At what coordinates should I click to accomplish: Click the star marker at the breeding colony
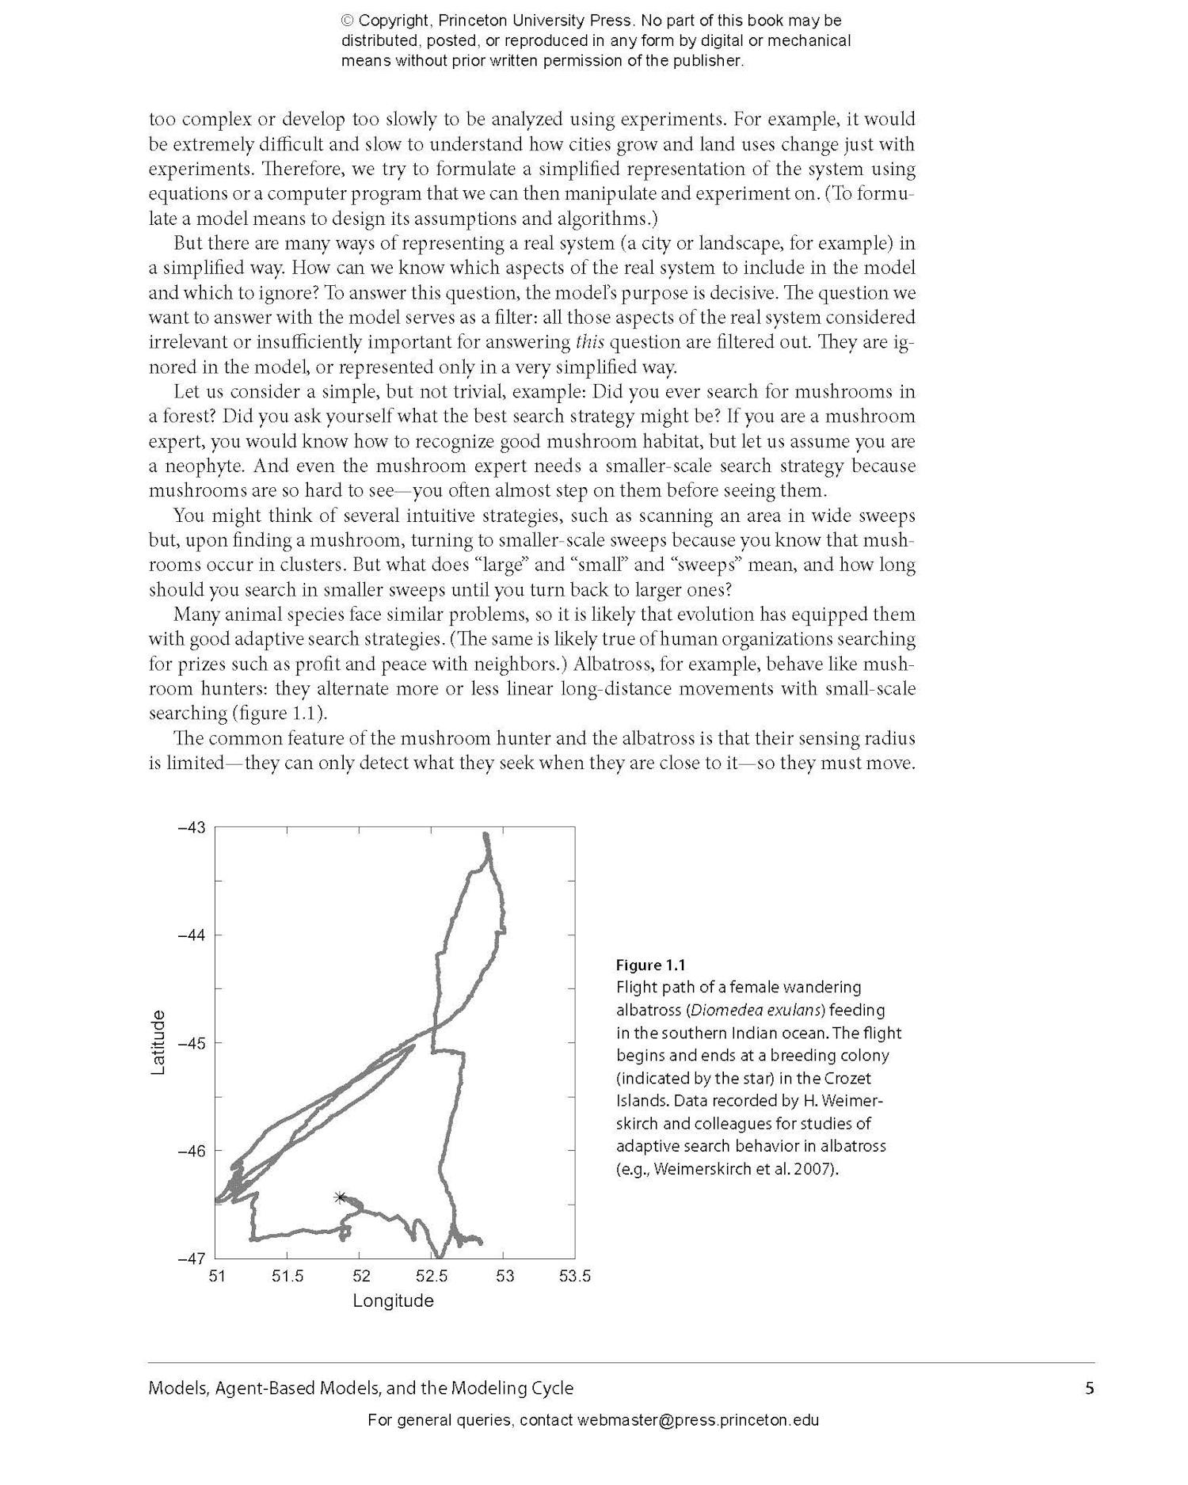(341, 1197)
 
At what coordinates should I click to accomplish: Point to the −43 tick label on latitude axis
(191, 828)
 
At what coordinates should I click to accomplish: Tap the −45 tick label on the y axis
(191, 1043)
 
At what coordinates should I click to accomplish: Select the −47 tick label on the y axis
(191, 1258)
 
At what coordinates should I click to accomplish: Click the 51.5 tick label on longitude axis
(287, 1276)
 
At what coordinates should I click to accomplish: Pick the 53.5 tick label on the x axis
(575, 1276)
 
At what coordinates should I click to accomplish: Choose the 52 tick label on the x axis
(361, 1276)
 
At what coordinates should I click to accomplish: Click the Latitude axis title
(158, 1042)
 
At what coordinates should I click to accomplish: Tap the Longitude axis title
(393, 1300)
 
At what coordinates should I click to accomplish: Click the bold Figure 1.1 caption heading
(650, 965)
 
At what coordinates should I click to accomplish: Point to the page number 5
(1089, 1388)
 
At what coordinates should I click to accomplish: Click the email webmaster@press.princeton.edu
(698, 1420)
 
